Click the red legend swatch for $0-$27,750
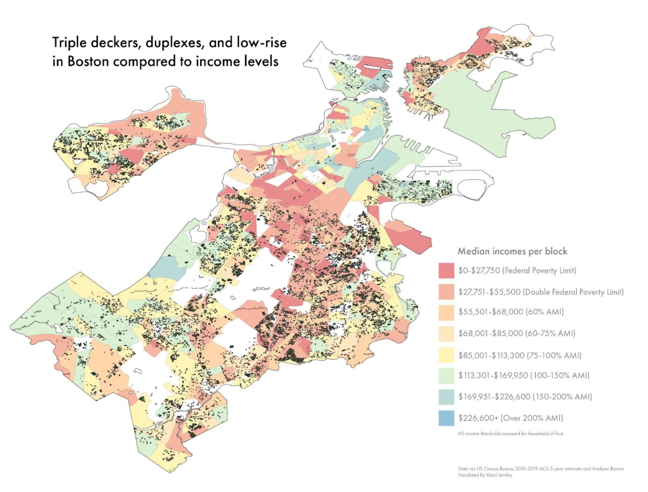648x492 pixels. pyautogui.click(x=446, y=270)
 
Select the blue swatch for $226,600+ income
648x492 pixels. pyautogui.click(x=446, y=418)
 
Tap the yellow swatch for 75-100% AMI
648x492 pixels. pyautogui.click(x=446, y=355)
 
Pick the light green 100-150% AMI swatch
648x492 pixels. pyautogui.click(x=446, y=376)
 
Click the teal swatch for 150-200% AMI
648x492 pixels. pyautogui.click(x=446, y=397)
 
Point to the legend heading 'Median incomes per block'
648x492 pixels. pyautogui.click(x=512, y=251)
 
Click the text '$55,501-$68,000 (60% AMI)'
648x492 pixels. pyautogui.click(x=511, y=312)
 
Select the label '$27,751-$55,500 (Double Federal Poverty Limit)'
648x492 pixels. pyautogui.click(x=541, y=292)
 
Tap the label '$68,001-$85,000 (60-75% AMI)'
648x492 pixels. pyautogui.click(x=517, y=333)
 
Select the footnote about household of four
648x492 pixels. pyautogui.click(x=510, y=434)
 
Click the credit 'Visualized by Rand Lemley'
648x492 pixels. pyautogui.click(x=485, y=475)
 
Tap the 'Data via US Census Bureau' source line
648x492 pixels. pyautogui.click(x=541, y=469)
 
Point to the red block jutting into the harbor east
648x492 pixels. pyautogui.click(x=409, y=238)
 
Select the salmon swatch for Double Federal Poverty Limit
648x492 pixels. pyautogui.click(x=446, y=291)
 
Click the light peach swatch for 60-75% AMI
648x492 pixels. pyautogui.click(x=446, y=334)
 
